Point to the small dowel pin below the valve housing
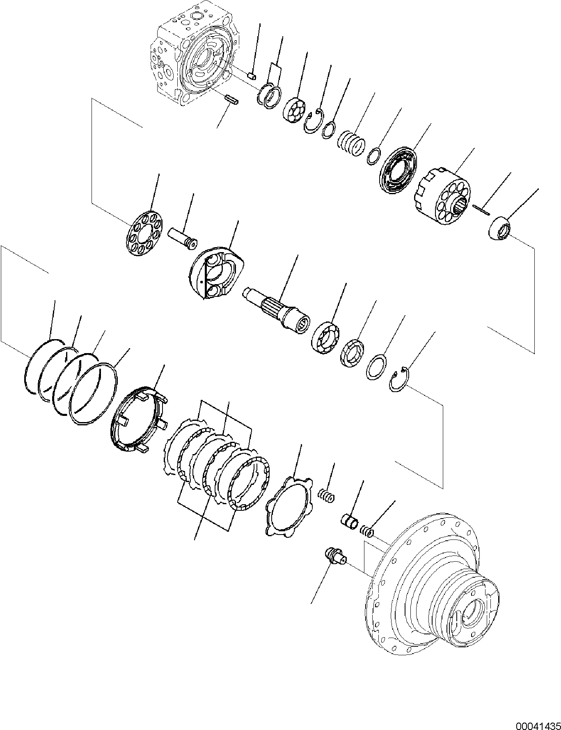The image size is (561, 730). [232, 100]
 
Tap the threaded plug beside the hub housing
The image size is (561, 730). [335, 556]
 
